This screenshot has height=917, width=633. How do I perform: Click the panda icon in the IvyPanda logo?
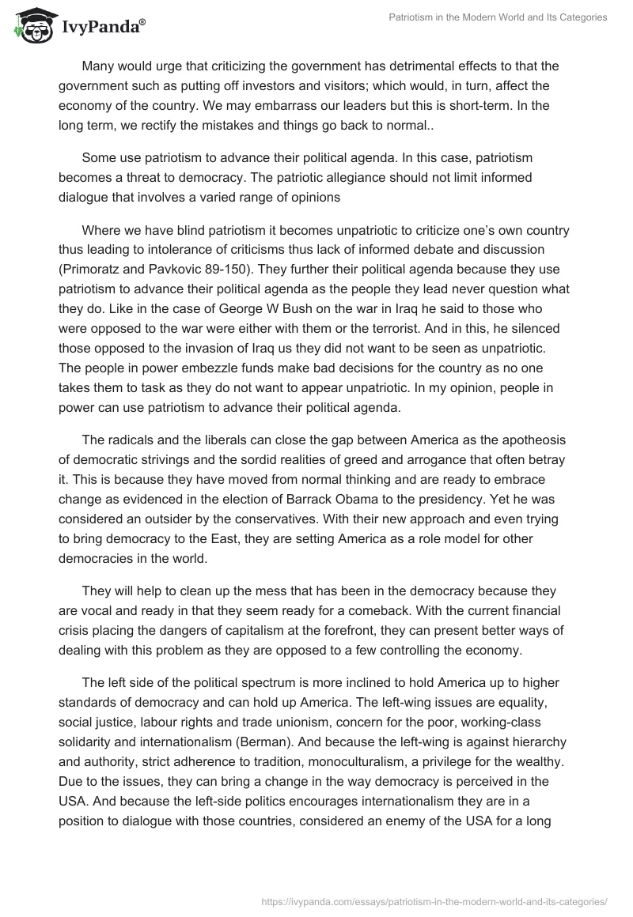[29, 26]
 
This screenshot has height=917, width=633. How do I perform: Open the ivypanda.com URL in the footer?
[433, 900]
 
